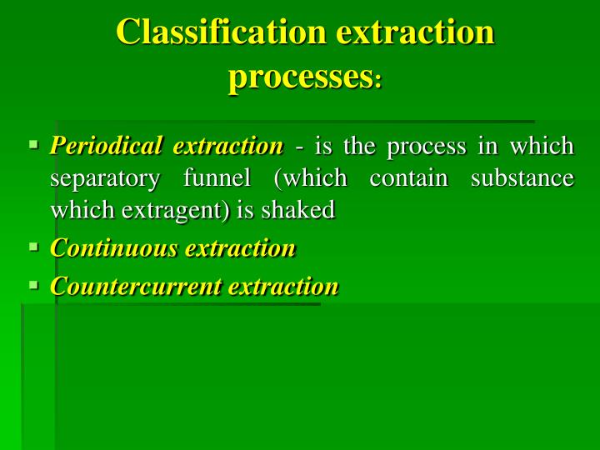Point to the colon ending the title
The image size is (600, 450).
(378, 81)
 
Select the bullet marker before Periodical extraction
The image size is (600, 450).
(34, 144)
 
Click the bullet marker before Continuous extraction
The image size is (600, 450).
(34, 247)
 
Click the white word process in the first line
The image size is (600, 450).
(427, 147)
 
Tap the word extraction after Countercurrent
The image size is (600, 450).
(283, 287)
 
